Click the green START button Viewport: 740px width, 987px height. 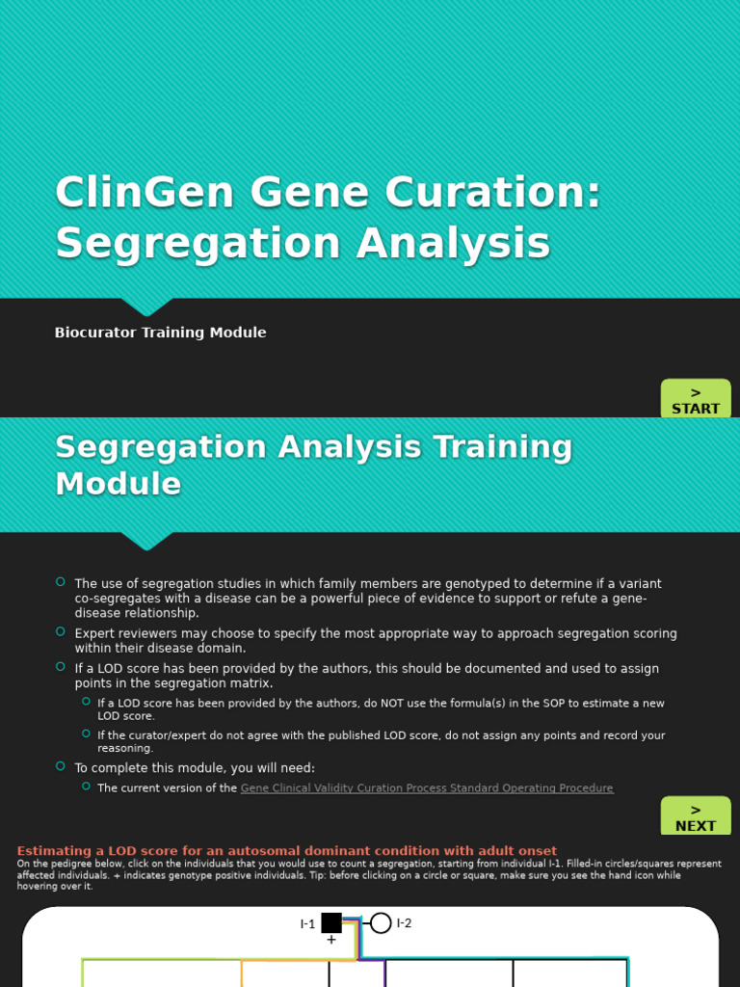tap(696, 400)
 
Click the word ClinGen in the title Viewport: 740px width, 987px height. tap(145, 193)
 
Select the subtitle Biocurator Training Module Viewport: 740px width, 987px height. tap(160, 333)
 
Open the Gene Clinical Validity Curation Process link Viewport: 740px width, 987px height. tap(426, 788)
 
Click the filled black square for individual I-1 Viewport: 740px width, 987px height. tap(331, 923)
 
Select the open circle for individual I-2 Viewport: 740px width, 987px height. tap(381, 923)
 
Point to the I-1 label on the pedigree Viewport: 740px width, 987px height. tap(307, 924)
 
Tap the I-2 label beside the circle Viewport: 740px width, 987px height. tap(404, 923)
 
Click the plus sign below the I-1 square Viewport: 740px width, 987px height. tap(331, 940)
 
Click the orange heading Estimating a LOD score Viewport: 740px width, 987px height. tap(286, 851)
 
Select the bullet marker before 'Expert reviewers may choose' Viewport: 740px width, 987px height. tap(61, 631)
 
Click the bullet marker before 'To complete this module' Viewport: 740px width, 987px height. tap(61, 766)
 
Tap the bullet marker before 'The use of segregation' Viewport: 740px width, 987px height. tap(61, 581)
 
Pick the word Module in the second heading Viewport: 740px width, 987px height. tap(118, 484)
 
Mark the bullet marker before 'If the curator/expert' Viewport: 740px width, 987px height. tap(86, 734)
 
